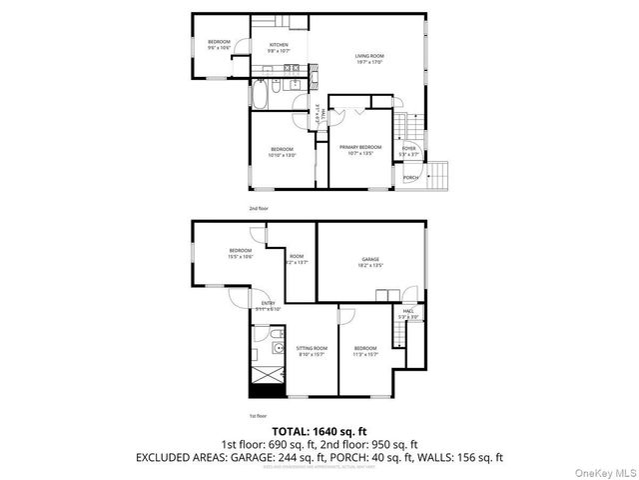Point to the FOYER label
(x=409, y=150)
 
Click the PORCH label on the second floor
(x=410, y=178)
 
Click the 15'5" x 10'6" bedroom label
(x=240, y=253)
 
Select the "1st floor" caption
(x=258, y=416)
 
